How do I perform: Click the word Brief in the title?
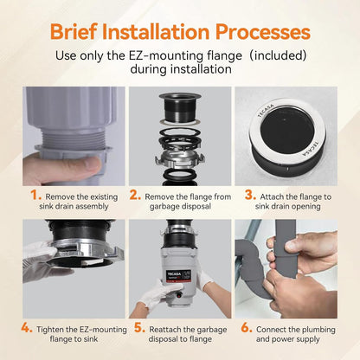pyautogui.click(x=74, y=31)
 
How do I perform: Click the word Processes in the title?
pyautogui.click(x=263, y=31)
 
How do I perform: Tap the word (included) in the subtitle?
pyautogui.click(x=278, y=55)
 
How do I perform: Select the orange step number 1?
pyautogui.click(x=36, y=196)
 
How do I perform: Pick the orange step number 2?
pyautogui.click(x=135, y=196)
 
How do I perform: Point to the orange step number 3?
pyautogui.click(x=250, y=196)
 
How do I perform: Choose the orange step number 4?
pyautogui.click(x=27, y=328)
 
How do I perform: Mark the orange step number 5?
pyautogui.click(x=139, y=328)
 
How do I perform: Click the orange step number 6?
pyautogui.click(x=247, y=328)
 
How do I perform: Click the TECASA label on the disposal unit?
pyautogui.click(x=173, y=273)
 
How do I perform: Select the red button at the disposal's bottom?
pyautogui.click(x=179, y=296)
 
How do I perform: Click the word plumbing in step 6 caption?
pyautogui.click(x=317, y=330)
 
